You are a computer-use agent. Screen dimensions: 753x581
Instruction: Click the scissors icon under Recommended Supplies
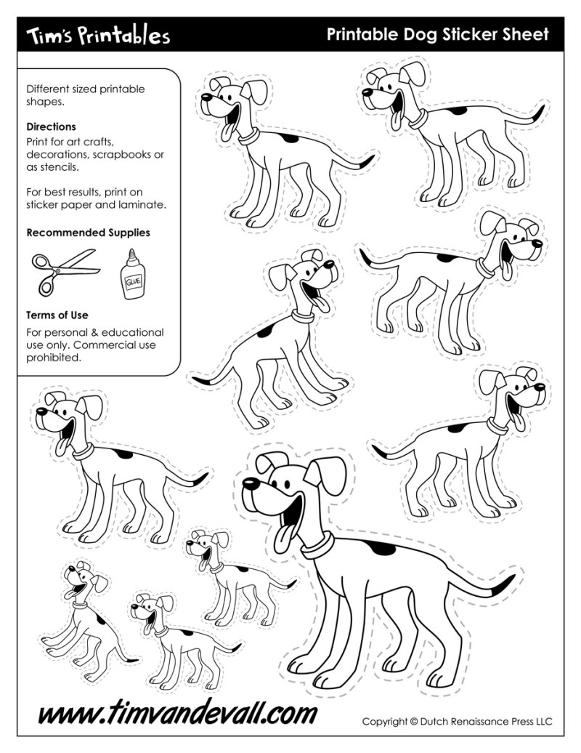pyautogui.click(x=64, y=270)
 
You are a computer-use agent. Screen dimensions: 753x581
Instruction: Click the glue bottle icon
pyautogui.click(x=133, y=275)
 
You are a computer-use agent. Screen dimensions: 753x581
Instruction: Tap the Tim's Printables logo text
pyautogui.click(x=98, y=35)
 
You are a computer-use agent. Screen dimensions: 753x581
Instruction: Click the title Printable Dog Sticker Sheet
pyautogui.click(x=437, y=34)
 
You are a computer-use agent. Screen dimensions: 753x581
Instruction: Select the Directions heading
pyautogui.click(x=51, y=126)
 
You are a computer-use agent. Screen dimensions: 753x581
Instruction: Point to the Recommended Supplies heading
pyautogui.click(x=88, y=233)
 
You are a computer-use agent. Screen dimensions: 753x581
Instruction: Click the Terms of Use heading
pyautogui.click(x=57, y=315)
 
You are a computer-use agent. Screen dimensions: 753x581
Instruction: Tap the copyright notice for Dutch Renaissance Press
pyautogui.click(x=457, y=722)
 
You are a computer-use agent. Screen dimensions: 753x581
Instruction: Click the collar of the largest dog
pyautogui.click(x=318, y=544)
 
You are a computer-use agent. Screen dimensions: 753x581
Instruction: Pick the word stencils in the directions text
pyautogui.click(x=61, y=166)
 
